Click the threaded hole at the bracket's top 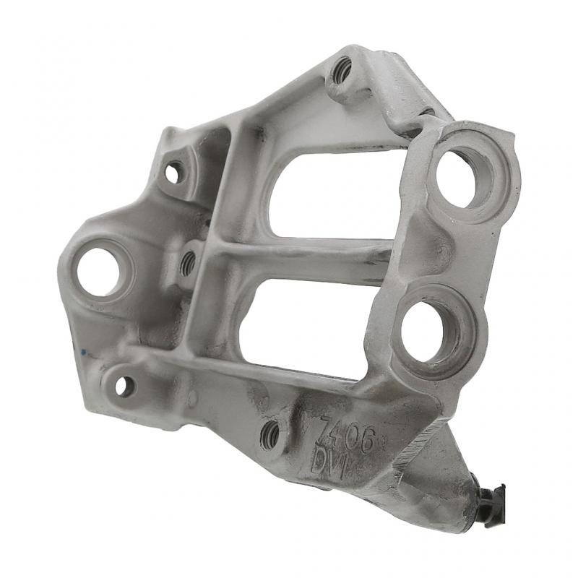click(x=342, y=69)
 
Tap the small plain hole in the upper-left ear click(x=173, y=172)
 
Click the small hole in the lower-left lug click(x=124, y=387)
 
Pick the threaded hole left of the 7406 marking click(x=269, y=433)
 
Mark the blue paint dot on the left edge click(x=83, y=353)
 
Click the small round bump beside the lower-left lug click(x=192, y=398)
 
